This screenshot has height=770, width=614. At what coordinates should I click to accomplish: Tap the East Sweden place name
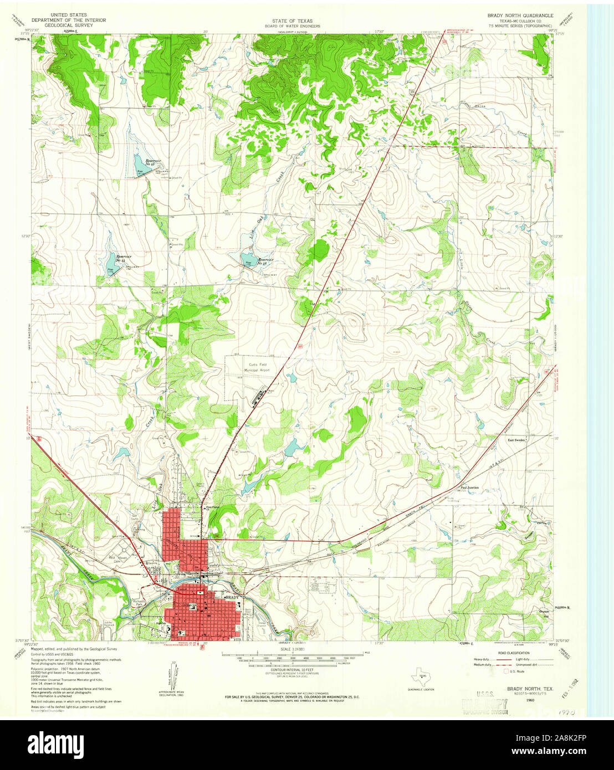516,439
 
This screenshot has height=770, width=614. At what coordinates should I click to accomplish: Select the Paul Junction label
469,487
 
